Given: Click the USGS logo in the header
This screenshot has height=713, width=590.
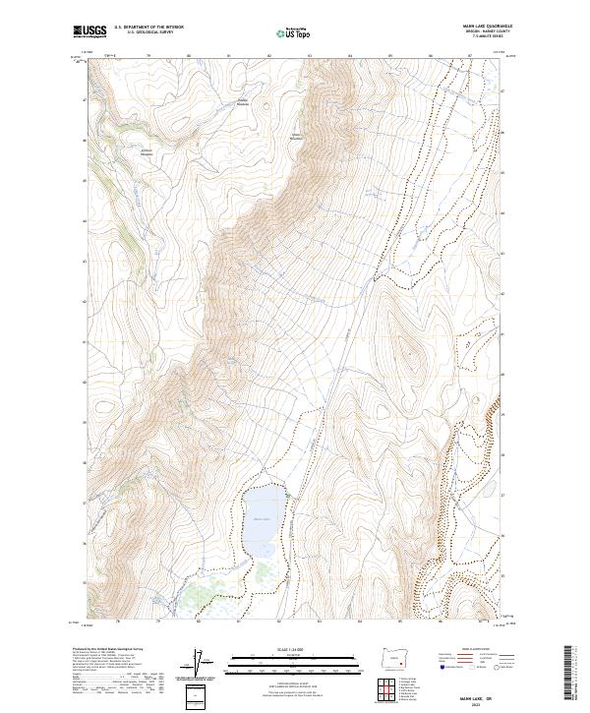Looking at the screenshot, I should click(x=89, y=32).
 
